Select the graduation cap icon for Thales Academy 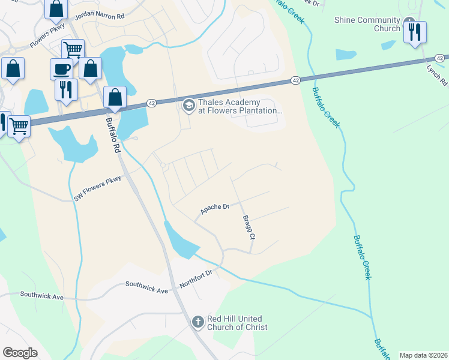(188, 106)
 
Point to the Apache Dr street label (215, 208)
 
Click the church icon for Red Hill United (197, 323)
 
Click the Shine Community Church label (367, 24)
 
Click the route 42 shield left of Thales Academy (151, 103)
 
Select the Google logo (20, 353)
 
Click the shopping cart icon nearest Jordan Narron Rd (73, 49)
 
